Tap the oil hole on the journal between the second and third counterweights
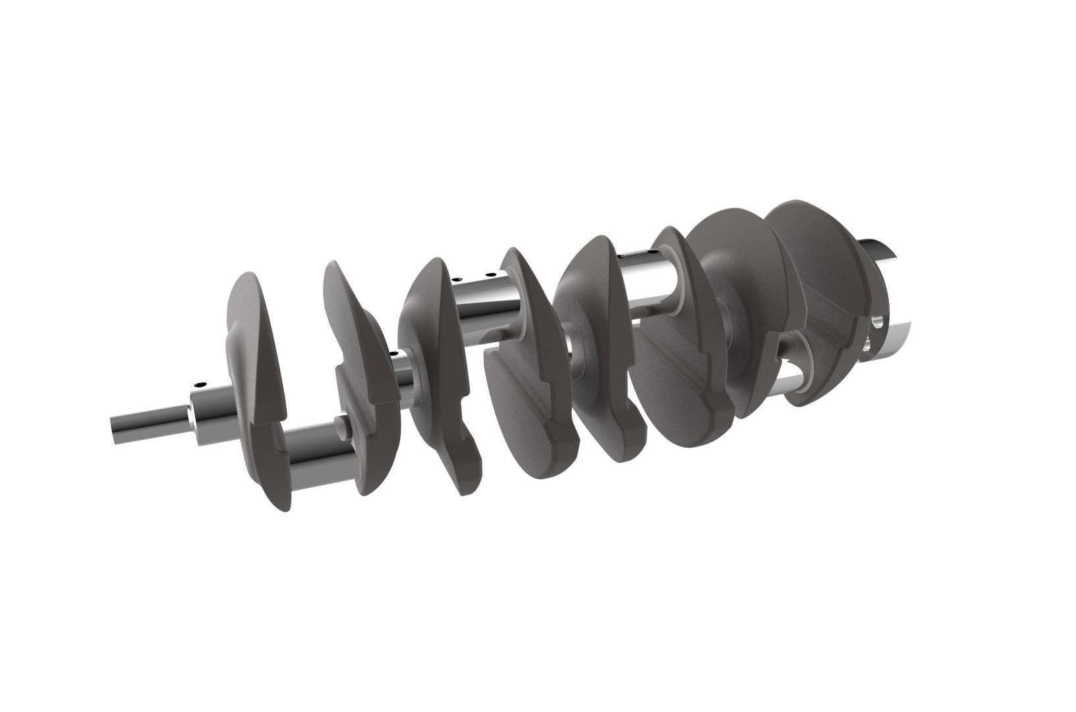(394, 355)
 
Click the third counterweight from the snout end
(438, 369)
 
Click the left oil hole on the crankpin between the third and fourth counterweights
(454, 280)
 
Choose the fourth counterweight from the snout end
(527, 369)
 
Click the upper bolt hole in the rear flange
(878, 323)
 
